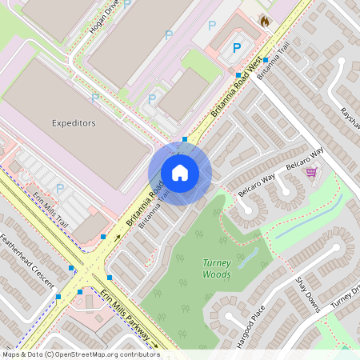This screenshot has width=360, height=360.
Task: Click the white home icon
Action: (x=180, y=173)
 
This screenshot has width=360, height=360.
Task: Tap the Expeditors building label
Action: (x=74, y=123)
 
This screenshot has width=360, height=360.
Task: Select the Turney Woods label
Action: (x=217, y=269)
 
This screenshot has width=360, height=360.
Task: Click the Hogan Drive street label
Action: (x=103, y=16)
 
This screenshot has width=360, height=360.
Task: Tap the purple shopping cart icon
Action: (x=310, y=172)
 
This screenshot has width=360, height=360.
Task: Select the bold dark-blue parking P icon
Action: (x=236, y=48)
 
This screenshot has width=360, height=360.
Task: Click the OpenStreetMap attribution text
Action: (x=80, y=354)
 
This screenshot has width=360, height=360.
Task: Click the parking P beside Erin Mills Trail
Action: (x=60, y=189)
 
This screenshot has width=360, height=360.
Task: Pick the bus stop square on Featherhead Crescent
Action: (x=58, y=296)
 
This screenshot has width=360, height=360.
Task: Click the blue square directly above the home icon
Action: (x=185, y=139)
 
